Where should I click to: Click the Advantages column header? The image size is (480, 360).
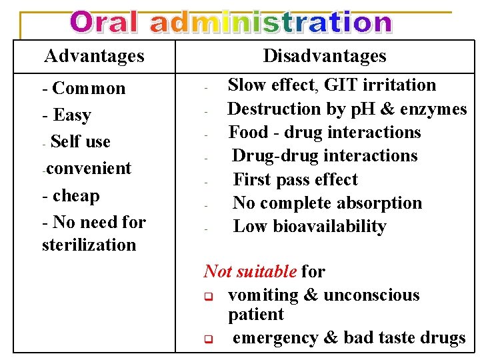pos(93,55)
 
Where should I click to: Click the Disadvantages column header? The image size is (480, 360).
pos(325,55)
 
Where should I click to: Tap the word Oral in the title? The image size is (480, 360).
pos(106,23)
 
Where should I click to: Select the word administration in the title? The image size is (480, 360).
pos(270,23)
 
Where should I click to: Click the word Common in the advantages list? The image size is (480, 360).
pos(89,89)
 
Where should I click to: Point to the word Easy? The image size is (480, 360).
pos(72,115)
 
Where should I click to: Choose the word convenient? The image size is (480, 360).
pos(89,169)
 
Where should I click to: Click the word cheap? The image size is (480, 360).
pos(76,196)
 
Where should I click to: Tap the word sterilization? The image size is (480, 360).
pos(89,245)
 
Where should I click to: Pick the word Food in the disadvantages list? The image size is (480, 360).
pos(249,132)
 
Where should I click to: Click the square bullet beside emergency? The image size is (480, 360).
pos(207,339)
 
